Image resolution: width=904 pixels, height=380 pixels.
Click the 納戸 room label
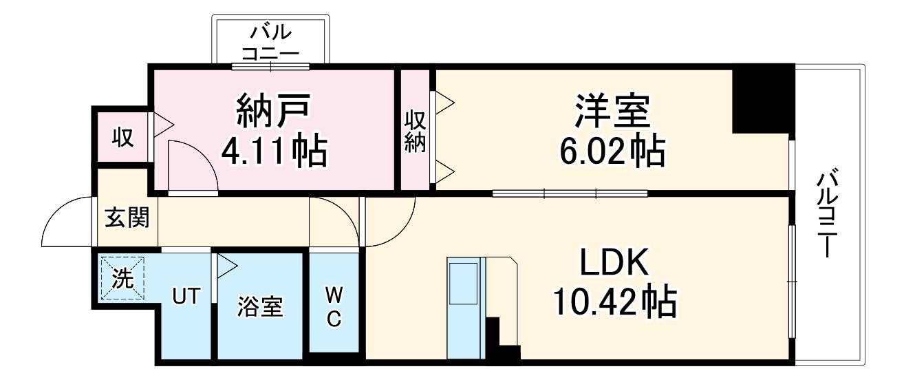275,110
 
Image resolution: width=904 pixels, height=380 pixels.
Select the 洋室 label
612,110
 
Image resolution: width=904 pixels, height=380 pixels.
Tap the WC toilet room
334,306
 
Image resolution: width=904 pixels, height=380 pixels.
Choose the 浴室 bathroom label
261,306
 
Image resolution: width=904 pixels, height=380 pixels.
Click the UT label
186,297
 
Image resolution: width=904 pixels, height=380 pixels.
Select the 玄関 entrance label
127,218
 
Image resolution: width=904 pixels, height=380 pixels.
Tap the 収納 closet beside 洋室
415,131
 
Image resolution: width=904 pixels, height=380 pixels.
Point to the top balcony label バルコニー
270,42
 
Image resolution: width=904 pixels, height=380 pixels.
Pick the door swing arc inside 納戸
191,165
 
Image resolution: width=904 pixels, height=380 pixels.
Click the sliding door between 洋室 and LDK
570,193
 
